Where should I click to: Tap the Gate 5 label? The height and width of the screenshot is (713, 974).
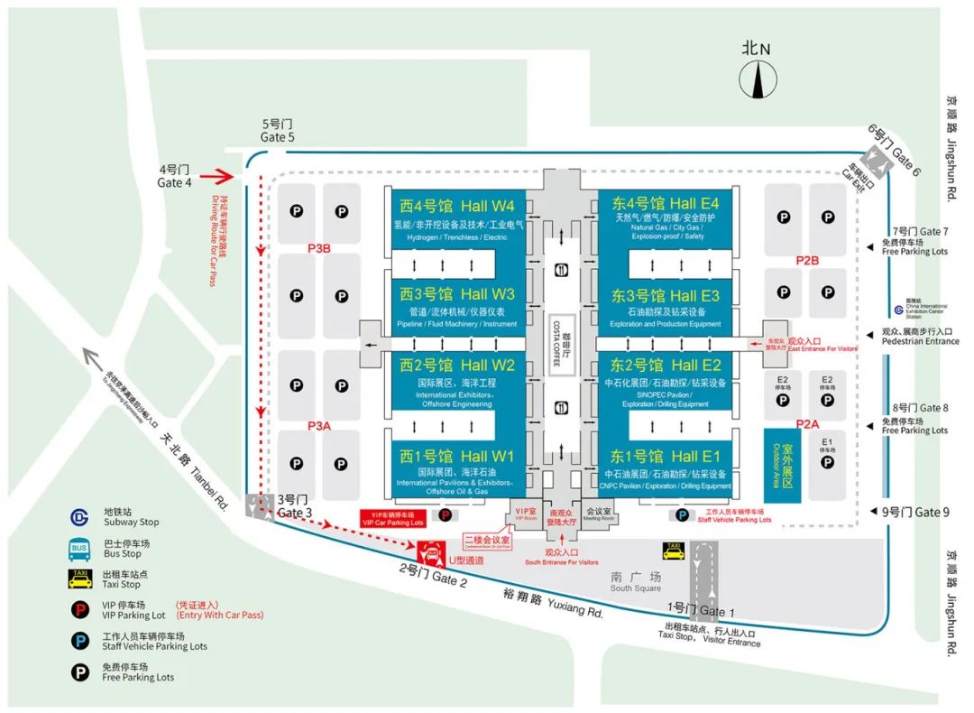(x=278, y=131)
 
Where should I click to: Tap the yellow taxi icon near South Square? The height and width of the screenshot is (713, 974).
(x=673, y=551)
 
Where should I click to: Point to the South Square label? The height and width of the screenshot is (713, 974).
(x=635, y=581)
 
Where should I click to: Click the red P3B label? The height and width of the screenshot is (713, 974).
(x=319, y=248)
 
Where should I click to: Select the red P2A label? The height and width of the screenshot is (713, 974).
(x=807, y=424)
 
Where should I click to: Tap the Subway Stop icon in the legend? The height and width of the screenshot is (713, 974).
(x=81, y=517)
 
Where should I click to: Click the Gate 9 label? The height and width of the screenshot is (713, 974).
(x=914, y=512)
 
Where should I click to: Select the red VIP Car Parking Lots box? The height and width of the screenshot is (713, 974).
(x=392, y=518)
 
